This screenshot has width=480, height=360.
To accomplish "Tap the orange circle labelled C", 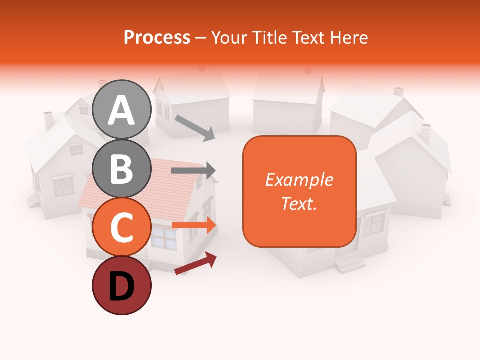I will pos(121,227).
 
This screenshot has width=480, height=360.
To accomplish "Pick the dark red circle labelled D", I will pos(121,286).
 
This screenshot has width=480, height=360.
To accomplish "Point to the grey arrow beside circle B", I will pos(193,171).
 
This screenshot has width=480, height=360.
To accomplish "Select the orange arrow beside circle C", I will pos(194,225).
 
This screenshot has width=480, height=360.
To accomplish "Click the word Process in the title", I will pos(157,37).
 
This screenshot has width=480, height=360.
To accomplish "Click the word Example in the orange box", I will pos(299,180).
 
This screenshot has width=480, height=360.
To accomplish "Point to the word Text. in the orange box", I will pos(299,204).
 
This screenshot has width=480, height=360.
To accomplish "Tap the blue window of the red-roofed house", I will pos(164,237).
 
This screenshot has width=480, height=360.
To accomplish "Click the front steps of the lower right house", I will pos(349,262).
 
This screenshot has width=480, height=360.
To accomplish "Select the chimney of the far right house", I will pos(425,132).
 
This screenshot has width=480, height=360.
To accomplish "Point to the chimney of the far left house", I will pos(49,120).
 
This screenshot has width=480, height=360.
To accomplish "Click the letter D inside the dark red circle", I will pos(121,287).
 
